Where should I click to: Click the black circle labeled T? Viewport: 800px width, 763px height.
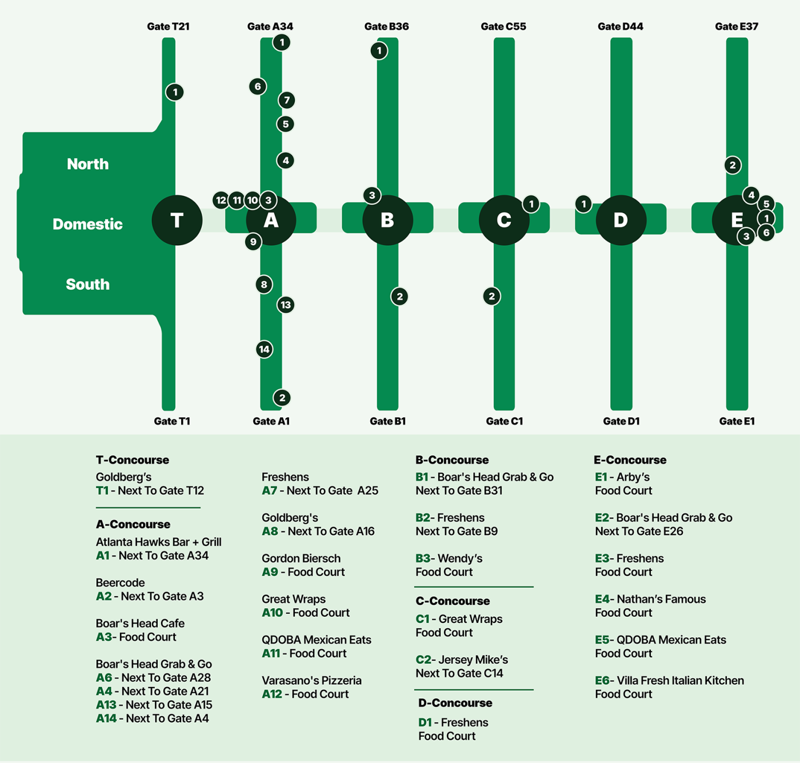pos(177,220)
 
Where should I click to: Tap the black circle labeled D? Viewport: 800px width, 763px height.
pos(621,220)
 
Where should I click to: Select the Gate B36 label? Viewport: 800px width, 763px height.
pos(386,26)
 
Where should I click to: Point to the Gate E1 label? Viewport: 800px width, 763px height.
pos(737,421)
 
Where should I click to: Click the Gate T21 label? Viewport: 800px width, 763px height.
pos(168,26)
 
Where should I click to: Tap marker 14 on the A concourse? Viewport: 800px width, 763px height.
pos(264,349)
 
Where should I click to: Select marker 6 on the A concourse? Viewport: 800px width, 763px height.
pos(258,86)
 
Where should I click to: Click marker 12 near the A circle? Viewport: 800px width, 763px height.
pos(221,200)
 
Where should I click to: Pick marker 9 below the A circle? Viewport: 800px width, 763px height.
pos(253,242)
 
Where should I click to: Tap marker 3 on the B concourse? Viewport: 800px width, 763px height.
pos(372,195)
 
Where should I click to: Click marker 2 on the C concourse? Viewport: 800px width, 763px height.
pos(491,296)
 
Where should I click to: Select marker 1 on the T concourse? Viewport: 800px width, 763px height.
pos(175,92)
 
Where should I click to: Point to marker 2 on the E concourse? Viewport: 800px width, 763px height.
pos(733,165)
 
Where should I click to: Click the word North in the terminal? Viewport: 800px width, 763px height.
pos(87,164)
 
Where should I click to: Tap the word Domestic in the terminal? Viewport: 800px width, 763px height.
pos(87,224)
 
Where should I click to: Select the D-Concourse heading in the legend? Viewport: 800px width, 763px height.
pos(455,703)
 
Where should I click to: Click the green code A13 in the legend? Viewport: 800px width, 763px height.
pos(106,705)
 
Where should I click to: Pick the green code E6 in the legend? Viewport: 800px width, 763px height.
pos(602,681)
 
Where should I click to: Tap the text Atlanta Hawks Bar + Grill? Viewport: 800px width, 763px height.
pos(158,542)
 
